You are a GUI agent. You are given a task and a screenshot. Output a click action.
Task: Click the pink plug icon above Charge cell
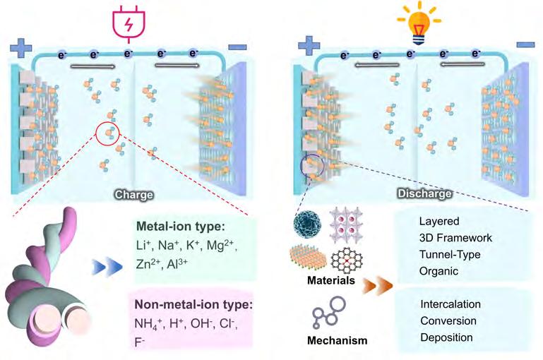[128, 22]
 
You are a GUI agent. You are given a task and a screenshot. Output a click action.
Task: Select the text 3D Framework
[455, 238]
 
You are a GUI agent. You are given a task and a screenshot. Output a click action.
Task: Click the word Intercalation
[450, 304]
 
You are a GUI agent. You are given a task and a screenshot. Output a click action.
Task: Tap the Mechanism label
[337, 341]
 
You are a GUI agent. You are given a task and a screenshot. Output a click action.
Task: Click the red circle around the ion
[108, 131]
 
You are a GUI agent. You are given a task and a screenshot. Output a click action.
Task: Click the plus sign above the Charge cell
[20, 49]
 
